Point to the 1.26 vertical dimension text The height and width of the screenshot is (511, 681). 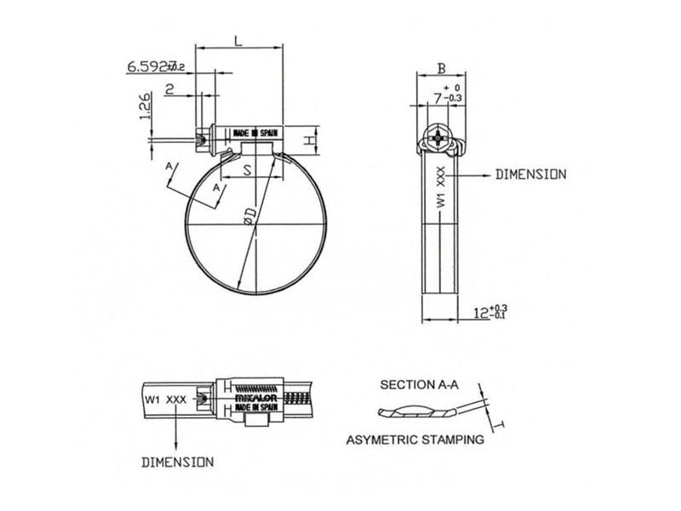145,107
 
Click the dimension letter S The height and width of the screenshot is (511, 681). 247,170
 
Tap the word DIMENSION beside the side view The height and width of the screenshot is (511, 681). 530,174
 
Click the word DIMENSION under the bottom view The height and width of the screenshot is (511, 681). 176,462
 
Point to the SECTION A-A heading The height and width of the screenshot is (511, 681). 420,385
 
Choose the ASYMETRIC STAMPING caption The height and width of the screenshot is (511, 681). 415,440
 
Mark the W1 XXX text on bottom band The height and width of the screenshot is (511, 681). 165,398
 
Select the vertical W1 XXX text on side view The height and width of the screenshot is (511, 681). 440,188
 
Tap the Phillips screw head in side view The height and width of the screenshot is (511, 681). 439,137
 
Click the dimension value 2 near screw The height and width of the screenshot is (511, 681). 170,89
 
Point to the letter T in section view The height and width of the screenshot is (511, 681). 503,423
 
